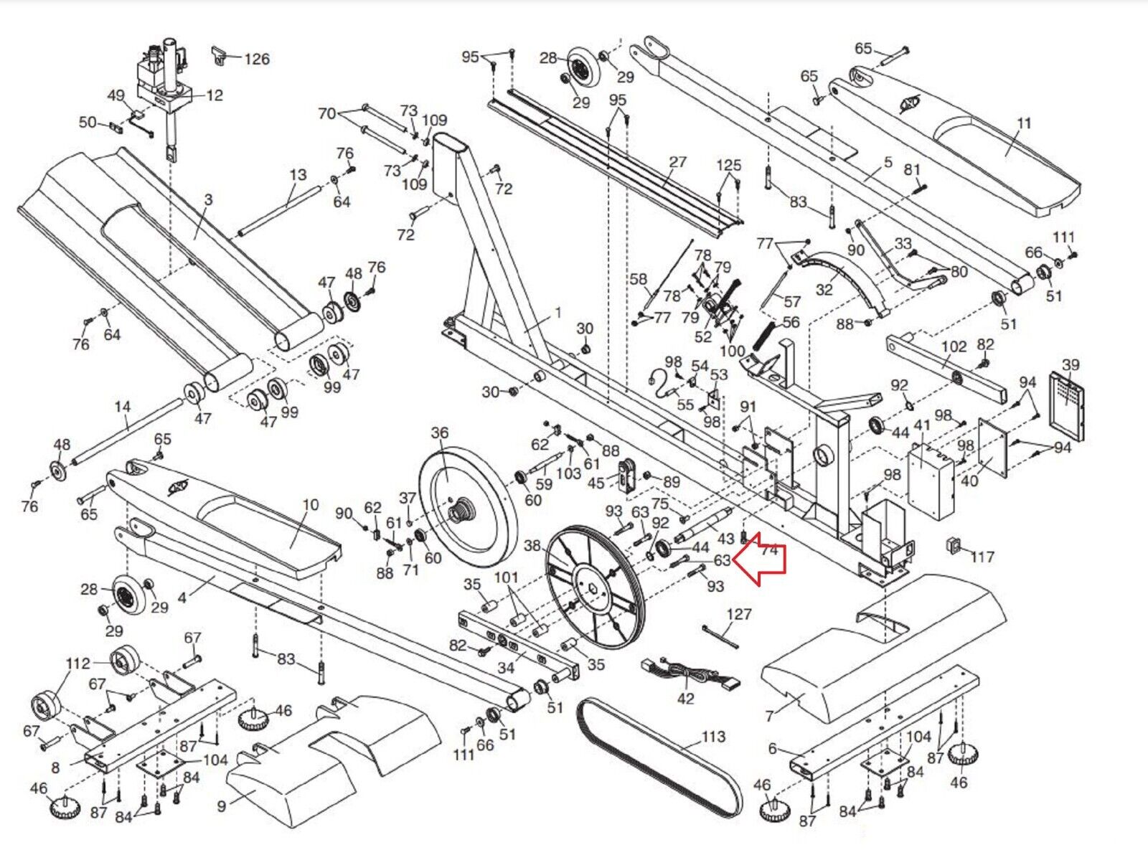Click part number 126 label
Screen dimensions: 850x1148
(256, 59)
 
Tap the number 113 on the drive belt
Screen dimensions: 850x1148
(712, 737)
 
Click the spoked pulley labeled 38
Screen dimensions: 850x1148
(595, 587)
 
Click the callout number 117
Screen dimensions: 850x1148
(982, 557)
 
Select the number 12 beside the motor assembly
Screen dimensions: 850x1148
(214, 95)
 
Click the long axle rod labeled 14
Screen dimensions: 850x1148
(129, 430)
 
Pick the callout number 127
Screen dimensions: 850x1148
(738, 614)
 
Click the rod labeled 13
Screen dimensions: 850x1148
(280, 210)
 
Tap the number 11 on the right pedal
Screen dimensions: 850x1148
(1024, 123)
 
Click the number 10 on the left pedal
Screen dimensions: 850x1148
(310, 505)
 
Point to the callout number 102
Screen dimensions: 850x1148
(954, 347)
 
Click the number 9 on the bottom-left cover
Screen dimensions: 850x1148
(222, 806)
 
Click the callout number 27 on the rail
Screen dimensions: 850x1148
(677, 163)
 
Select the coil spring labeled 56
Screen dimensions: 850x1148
(764, 336)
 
